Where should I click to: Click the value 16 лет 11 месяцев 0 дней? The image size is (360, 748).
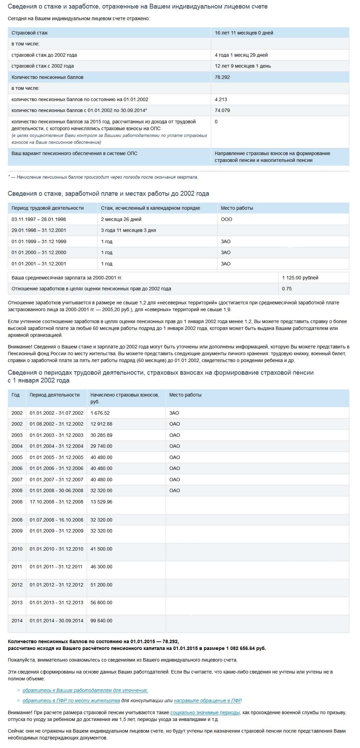244,33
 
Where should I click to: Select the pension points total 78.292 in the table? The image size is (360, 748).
222,78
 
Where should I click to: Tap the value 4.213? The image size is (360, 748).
221,100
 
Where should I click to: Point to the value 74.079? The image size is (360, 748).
222,111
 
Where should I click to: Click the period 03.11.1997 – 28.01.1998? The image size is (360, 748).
39,220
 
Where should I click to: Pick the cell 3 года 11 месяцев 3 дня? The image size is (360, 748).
128,231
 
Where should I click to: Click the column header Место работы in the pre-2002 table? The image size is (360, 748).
237,208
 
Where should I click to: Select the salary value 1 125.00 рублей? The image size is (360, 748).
300,278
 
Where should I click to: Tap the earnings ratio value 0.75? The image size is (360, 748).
287,289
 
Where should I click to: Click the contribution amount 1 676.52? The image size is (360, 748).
100,413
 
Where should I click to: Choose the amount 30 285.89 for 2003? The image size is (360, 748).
101,435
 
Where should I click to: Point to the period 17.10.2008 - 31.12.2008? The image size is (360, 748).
56,502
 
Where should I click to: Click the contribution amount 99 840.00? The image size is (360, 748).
101,621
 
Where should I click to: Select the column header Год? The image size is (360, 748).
16,395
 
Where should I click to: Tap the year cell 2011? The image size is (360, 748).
17,567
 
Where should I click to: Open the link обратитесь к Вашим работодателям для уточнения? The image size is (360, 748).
85,690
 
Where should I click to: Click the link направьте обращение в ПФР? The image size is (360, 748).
207,701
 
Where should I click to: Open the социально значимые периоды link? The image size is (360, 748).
205,713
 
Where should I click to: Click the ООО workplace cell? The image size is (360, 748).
226,220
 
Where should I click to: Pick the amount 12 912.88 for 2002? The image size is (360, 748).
101,424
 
